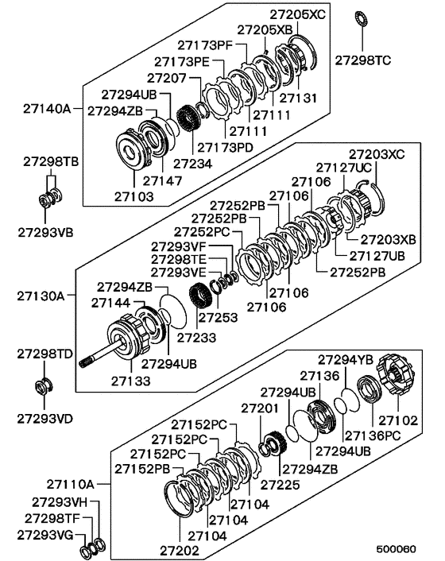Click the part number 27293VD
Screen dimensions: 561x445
pos(42,416)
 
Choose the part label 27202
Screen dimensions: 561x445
pos(183,548)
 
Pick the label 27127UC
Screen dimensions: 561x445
pos(345,168)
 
